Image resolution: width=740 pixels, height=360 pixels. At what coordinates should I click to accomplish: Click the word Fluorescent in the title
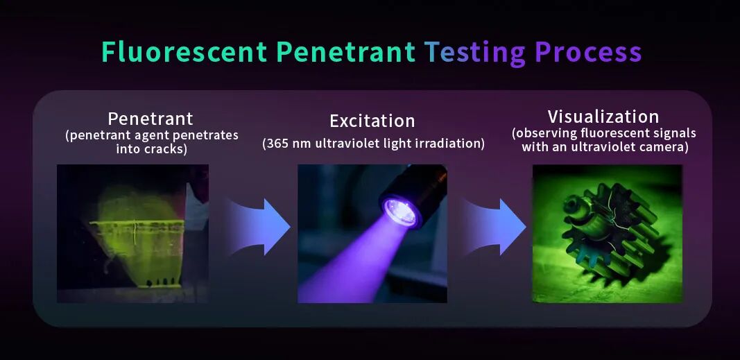pos(184,53)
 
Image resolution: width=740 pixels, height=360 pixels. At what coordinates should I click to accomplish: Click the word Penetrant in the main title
pos(345,53)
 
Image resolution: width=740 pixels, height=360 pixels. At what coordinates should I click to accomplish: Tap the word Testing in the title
pos(475,53)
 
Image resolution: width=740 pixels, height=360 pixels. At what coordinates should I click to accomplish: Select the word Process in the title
pos(588,53)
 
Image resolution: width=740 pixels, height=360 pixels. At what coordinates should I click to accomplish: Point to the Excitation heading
pos(372,121)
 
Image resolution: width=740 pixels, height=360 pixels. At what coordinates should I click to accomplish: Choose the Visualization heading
pos(603,117)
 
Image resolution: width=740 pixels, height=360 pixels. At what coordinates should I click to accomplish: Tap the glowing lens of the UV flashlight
pos(400,211)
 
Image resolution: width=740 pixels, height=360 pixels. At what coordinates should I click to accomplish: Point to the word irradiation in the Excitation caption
pos(453,144)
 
